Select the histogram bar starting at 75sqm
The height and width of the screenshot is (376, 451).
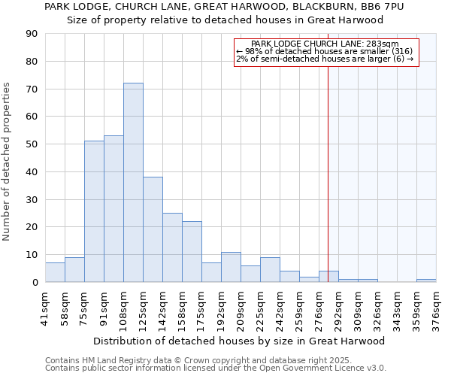(x=94, y=211)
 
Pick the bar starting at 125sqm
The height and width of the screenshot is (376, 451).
(x=153, y=229)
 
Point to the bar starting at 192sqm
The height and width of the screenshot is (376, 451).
(x=231, y=267)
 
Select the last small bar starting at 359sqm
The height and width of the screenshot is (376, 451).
(x=426, y=280)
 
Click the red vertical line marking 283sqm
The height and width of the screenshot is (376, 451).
(x=328, y=188)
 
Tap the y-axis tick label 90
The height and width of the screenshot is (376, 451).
(x=32, y=34)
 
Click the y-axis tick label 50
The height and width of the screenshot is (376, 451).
(x=32, y=144)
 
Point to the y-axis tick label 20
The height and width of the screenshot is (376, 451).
(x=32, y=227)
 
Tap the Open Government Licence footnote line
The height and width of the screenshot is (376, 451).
(x=216, y=368)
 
